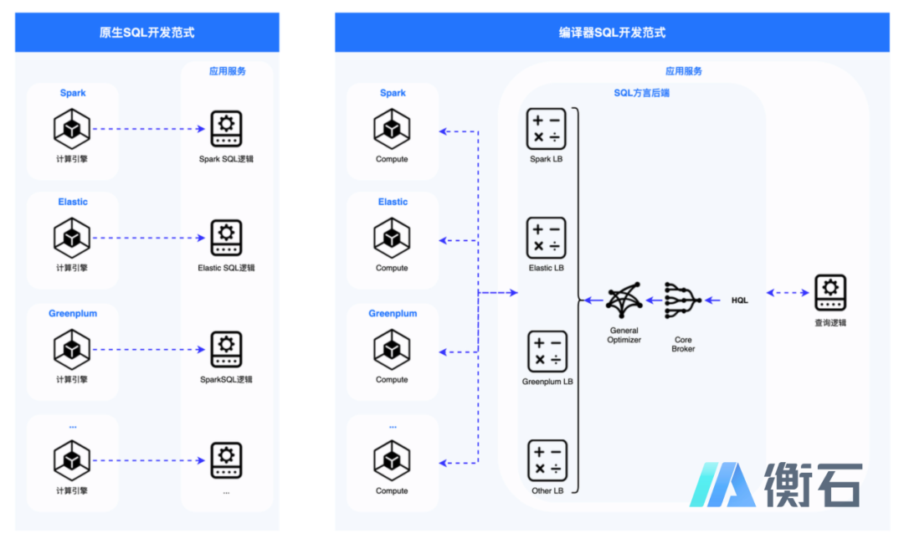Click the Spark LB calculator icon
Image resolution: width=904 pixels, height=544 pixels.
point(546,129)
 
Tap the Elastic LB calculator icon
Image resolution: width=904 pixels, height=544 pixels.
point(546,238)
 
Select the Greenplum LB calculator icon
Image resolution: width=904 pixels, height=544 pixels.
point(547,351)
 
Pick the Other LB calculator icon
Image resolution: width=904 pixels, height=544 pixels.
point(547,460)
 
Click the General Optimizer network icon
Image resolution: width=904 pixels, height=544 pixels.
point(624,300)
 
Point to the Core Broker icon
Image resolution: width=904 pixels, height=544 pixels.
point(683,300)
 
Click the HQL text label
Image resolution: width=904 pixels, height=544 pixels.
point(740,300)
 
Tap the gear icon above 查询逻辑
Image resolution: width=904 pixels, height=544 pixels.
point(830,292)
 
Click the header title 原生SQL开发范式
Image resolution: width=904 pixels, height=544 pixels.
point(147,33)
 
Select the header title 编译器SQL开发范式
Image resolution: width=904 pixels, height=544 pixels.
point(612,33)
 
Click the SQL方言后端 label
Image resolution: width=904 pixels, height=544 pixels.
point(642,93)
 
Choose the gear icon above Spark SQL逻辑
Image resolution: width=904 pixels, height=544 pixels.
point(226,129)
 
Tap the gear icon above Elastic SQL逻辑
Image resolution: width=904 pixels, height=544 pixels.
point(226,238)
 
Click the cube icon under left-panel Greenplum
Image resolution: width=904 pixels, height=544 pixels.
point(72,349)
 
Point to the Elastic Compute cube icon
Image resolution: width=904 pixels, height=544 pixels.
point(392,238)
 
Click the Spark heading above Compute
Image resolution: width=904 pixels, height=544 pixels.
point(393,93)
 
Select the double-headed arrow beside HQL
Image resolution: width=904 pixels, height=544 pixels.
point(788,293)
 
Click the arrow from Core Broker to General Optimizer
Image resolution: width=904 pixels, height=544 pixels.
point(654,300)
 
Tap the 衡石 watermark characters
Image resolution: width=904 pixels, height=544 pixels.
point(813,485)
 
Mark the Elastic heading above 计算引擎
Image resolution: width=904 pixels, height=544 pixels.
point(73,202)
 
